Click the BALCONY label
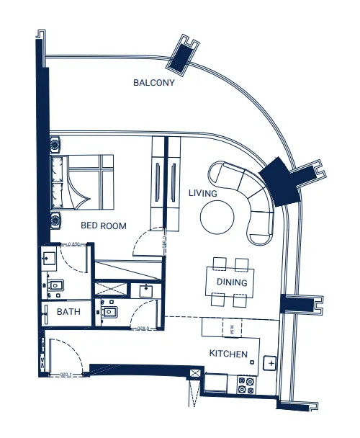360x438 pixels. pyautogui.click(x=154, y=83)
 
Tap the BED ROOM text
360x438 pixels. pyautogui.click(x=103, y=225)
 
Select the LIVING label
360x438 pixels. pyautogui.click(x=202, y=194)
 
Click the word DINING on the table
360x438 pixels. pyautogui.click(x=232, y=283)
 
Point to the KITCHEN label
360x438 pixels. pyautogui.click(x=228, y=354)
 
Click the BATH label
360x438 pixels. pyautogui.click(x=68, y=313)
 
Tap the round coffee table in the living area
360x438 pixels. pyautogui.click(x=217, y=217)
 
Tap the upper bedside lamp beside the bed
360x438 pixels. pyautogui.click(x=55, y=145)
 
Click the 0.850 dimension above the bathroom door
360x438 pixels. pyautogui.click(x=69, y=245)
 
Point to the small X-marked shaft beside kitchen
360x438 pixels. pyautogui.click(x=194, y=373)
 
